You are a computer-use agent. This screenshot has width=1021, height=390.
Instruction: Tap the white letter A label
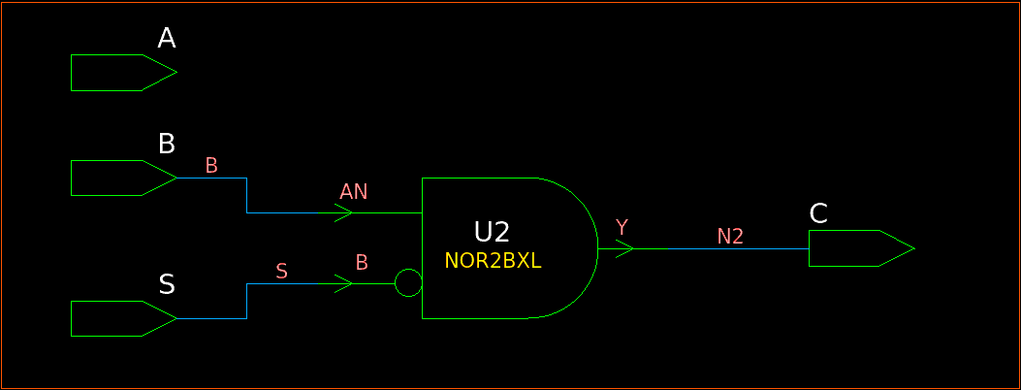[x=167, y=39]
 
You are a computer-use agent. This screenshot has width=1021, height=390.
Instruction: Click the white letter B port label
[x=167, y=145]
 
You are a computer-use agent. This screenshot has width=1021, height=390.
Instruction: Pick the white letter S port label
[x=167, y=284]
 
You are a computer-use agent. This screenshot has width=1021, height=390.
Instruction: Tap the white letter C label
[x=818, y=214]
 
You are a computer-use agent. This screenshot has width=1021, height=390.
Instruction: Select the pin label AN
[x=354, y=191]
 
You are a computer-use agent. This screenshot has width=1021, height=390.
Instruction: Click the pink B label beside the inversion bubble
[x=362, y=262]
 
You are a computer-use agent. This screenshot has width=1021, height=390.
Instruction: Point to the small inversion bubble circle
[x=409, y=284]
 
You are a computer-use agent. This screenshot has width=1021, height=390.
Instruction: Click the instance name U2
[x=492, y=232]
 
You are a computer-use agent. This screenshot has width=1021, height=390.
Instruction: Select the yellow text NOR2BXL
[x=493, y=261]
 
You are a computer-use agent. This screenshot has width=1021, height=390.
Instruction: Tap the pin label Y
[x=622, y=227]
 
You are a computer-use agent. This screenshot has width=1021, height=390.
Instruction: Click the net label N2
[x=730, y=236]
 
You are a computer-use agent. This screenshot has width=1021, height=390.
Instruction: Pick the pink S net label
[x=281, y=271]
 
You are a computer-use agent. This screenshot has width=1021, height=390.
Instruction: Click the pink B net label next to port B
[x=211, y=166]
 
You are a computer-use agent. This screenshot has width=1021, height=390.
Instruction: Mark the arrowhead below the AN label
[x=343, y=213]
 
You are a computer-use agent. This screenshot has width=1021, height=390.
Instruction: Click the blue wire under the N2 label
[x=737, y=249]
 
